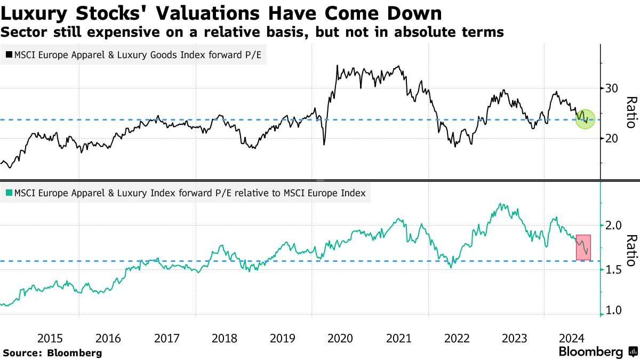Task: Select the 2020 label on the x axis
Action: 340,338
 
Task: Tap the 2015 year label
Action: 51,338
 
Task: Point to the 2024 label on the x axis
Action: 573,338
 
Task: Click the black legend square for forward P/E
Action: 9,54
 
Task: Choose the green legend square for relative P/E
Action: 9,193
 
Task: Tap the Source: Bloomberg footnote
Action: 52,353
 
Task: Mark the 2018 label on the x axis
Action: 225,338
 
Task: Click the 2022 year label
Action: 457,338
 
